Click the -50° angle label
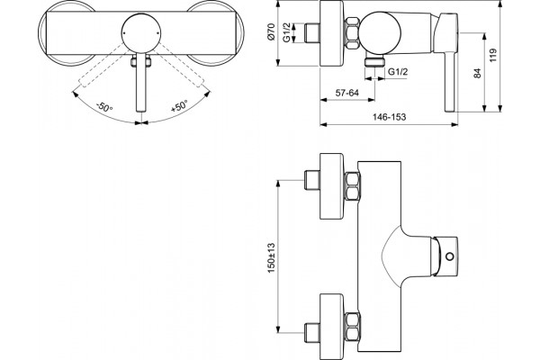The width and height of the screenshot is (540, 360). pos(104,107)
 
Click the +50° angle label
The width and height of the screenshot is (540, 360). pos(179,106)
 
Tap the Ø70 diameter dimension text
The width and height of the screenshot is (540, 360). pos(272,31)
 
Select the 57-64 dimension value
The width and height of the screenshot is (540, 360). pos(347,93)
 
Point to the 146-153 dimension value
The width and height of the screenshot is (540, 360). pos(389,117)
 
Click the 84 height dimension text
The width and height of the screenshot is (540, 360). pos(477,73)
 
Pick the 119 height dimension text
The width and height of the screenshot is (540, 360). pos(493,56)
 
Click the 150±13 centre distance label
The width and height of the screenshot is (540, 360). pos(272,258)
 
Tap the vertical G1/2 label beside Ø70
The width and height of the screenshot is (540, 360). pos(287,32)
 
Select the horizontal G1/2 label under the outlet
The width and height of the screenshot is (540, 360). pos(398,72)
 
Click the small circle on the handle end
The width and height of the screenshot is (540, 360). pos(450,256)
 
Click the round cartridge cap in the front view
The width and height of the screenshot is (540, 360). pos(141,33)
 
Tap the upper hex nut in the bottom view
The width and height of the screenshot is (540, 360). pos(352,186)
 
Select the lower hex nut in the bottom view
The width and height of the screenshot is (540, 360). pos(352,326)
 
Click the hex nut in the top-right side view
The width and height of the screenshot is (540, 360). pos(352,33)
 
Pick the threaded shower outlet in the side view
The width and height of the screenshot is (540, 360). pos(374,61)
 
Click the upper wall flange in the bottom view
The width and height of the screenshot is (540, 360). pos(332,186)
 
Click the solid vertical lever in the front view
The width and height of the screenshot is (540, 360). pos(141,82)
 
